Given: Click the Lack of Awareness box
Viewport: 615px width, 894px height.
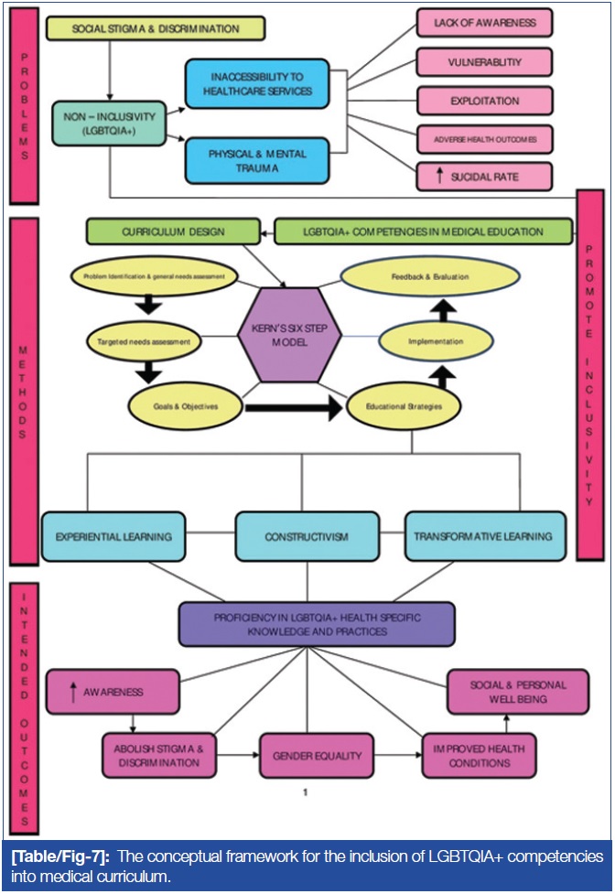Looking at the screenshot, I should pyautogui.click(x=485, y=22).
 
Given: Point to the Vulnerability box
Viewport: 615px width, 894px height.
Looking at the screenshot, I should pyautogui.click(x=485, y=61).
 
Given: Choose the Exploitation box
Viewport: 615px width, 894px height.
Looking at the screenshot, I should pyautogui.click(x=485, y=100).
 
